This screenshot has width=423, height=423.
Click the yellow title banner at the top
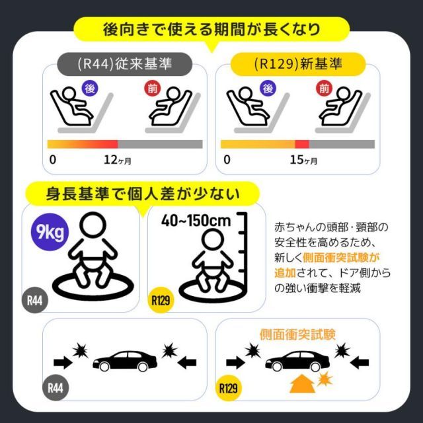(211, 29)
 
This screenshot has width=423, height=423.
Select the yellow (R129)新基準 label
(299, 65)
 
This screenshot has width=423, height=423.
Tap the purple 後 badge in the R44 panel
(89, 88)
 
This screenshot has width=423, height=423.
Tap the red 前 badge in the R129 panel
(323, 88)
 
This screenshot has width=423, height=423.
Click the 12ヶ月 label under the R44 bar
(118, 160)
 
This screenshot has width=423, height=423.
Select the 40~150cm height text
(196, 220)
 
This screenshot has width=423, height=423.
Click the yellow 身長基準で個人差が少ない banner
(142, 193)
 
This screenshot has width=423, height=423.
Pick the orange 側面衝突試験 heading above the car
(297, 334)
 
